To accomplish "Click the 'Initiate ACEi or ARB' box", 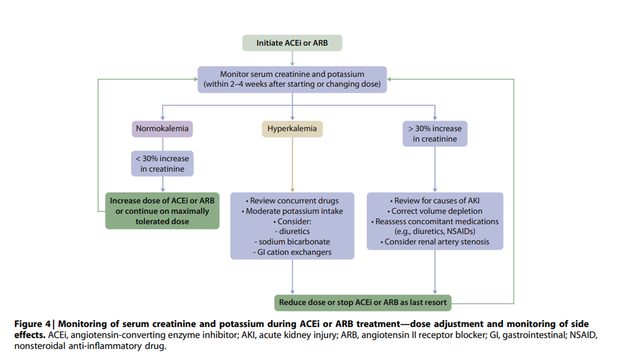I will point(292,43).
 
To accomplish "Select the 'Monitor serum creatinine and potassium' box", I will point(292,79).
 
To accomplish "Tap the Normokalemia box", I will point(162,129).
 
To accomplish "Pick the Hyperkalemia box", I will point(292,129).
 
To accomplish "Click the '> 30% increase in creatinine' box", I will point(435,134).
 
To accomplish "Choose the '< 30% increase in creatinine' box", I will point(162,163).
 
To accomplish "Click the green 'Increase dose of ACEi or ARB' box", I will point(162,211).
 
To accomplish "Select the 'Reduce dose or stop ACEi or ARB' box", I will point(363,303).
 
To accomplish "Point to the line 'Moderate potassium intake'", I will point(292,212).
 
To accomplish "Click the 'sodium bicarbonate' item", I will point(292,241).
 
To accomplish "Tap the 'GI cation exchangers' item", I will point(292,251).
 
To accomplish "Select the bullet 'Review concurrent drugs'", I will point(292,201).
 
